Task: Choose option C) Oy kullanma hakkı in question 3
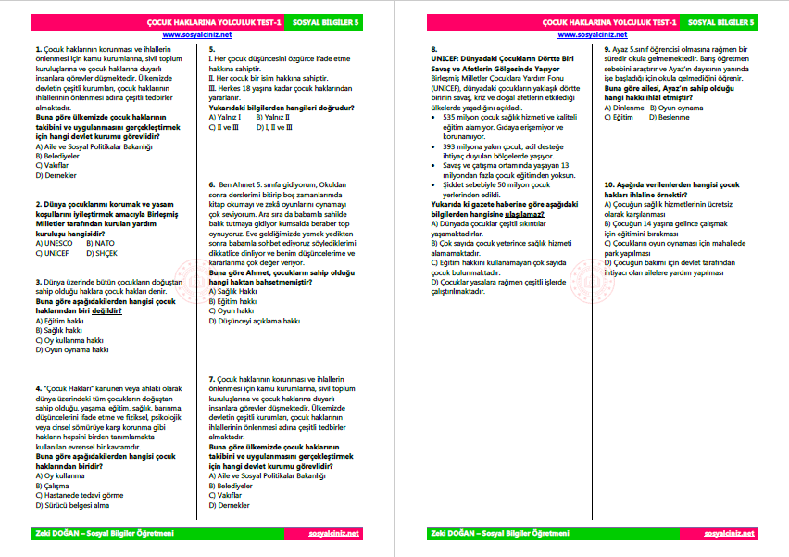[70, 340]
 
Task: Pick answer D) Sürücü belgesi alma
[72, 505]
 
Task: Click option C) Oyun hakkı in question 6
[232, 311]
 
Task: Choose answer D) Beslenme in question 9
[664, 118]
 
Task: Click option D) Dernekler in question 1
[56, 174]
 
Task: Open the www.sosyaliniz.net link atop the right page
[590, 33]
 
